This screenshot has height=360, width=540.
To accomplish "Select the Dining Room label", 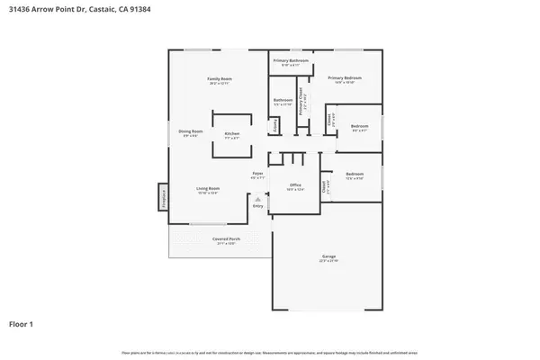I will pos(192,132).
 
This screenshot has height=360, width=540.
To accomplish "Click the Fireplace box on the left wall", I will pos(164,196).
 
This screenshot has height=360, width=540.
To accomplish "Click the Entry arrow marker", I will pos(257,199).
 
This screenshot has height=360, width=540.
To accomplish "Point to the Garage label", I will pos(328,256).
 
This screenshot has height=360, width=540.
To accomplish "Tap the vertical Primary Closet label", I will pos(304,102).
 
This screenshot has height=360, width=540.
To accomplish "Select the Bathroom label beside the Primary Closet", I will pos(282,102).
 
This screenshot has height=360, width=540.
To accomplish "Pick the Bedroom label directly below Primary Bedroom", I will pos(358,126).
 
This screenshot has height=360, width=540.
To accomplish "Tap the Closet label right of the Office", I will pos(324,186).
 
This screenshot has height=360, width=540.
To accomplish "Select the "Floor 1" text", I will pos(22,322).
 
